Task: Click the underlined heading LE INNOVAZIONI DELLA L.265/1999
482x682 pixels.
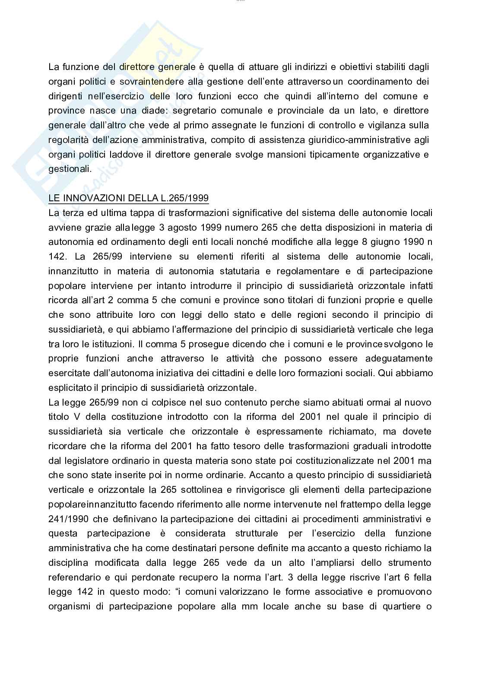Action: (128, 198)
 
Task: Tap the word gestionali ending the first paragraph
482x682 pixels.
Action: (70, 169)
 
